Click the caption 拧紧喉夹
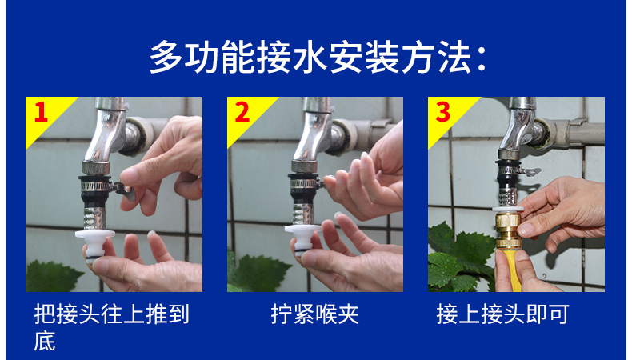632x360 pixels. (x=314, y=314)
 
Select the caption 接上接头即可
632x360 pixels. (x=502, y=314)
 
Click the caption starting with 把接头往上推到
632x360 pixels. (x=112, y=314)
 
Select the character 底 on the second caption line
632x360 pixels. (x=45, y=342)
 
